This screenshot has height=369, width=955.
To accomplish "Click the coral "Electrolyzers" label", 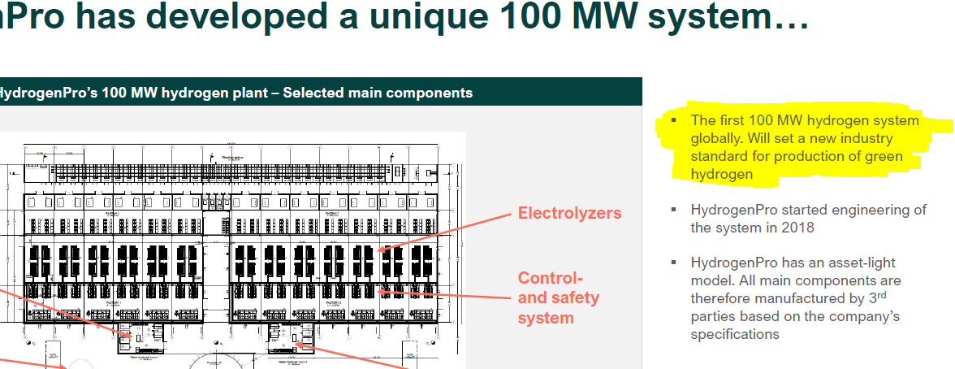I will [x=569, y=214].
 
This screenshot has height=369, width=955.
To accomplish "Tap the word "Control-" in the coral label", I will [x=550, y=278].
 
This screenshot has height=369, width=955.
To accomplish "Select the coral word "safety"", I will [x=574, y=297].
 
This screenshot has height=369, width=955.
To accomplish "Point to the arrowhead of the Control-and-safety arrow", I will [x=378, y=290].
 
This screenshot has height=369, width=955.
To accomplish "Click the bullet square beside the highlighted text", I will [x=673, y=120].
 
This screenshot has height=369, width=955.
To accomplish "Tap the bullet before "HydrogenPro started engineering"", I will [x=673, y=210].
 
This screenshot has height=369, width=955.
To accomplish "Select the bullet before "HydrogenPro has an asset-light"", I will [x=673, y=263].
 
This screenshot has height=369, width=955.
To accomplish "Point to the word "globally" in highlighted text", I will [x=717, y=138].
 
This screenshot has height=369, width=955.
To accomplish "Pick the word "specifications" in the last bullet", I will [x=735, y=335].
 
